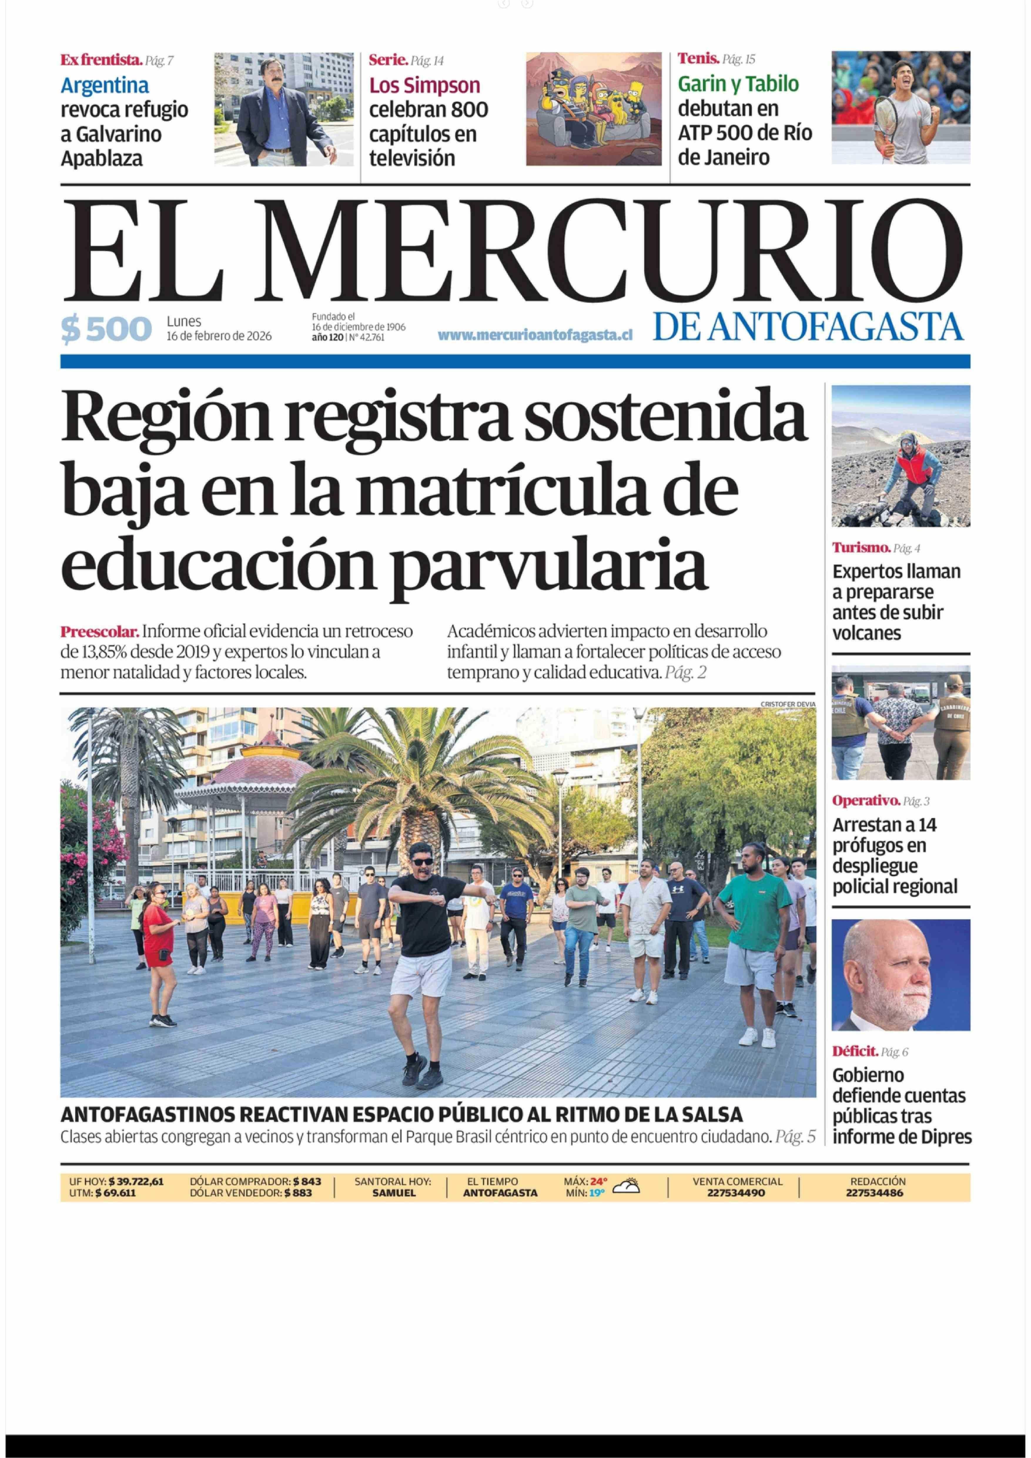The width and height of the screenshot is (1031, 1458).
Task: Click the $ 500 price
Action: (106, 329)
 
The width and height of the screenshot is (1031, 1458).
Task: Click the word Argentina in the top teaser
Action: (105, 85)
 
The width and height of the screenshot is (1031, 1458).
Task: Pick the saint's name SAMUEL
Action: (393, 1193)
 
